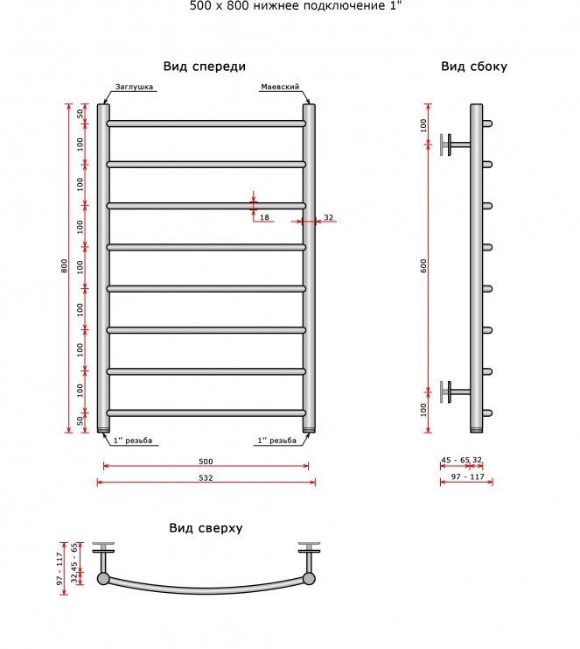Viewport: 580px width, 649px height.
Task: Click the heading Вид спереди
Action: coord(204,67)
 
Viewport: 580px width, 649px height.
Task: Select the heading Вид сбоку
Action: coord(474,67)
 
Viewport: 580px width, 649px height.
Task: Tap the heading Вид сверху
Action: coord(206,528)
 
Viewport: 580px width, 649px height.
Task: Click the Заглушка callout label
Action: coord(134,87)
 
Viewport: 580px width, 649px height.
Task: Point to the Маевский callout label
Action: coord(280,87)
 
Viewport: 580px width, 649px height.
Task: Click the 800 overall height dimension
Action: coord(64,265)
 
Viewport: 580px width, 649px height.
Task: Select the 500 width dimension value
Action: coord(206,462)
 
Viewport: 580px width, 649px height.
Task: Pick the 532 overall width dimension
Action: coord(206,477)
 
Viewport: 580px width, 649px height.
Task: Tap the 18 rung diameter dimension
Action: coord(264,217)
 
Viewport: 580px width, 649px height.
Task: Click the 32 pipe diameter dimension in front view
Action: coord(328,217)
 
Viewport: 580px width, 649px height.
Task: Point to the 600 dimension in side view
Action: coord(423,265)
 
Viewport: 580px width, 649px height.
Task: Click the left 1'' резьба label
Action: coord(133,441)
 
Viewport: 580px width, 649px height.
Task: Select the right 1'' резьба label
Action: coord(277,441)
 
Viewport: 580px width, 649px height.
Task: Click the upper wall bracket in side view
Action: coord(455,145)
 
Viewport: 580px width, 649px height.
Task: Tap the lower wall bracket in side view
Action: coord(455,392)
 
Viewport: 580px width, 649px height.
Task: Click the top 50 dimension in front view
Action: coord(80,113)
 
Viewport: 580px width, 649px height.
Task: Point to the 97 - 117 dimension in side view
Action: coord(467,476)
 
